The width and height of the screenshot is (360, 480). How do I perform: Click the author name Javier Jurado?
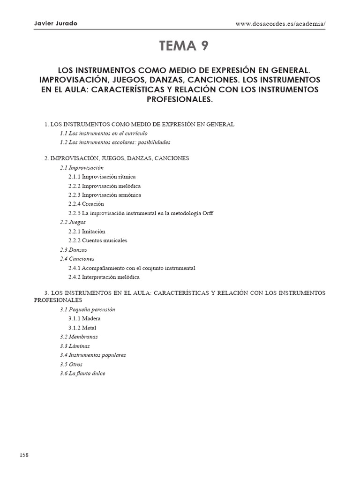56,24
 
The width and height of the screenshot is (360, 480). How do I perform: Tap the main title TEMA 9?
184,46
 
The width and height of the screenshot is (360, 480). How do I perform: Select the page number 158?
24,455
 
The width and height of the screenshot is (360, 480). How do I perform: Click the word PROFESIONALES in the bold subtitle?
180,100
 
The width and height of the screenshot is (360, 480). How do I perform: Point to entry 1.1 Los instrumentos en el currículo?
104,133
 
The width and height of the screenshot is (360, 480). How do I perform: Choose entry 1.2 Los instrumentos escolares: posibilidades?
115,142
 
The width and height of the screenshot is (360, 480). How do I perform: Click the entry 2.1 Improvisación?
82,167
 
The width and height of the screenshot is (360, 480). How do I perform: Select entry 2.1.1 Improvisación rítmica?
102,177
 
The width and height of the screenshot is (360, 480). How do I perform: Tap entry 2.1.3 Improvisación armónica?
104,195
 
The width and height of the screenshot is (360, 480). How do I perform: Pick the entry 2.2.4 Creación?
86,204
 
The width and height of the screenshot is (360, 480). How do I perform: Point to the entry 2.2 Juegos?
73,222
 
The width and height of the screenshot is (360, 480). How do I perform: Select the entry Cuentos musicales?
104,240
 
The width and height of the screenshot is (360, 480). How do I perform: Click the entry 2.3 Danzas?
73,250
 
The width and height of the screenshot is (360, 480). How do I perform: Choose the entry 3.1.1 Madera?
84,319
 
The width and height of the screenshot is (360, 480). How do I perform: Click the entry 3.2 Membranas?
79,337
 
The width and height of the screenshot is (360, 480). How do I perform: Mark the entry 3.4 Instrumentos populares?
93,355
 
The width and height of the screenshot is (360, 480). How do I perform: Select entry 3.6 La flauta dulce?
82,373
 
